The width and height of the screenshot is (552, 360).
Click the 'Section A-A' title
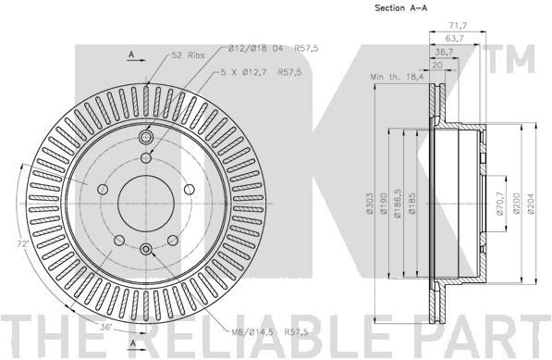click(401, 7)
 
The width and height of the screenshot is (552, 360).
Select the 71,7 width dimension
click(458, 26)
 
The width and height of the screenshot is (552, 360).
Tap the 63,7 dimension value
click(454, 38)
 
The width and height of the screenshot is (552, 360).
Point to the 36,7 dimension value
click(445, 52)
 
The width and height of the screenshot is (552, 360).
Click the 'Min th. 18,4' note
click(397, 77)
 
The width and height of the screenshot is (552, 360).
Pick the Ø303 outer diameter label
click(369, 204)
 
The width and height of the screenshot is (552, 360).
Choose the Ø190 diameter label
click(384, 204)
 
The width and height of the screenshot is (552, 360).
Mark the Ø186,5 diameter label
click(398, 204)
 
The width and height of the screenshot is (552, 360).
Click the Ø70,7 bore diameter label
click(499, 204)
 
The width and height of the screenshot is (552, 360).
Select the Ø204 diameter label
click(531, 204)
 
